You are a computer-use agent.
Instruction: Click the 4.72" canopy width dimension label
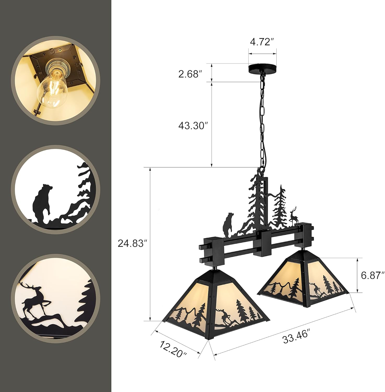click(x=262, y=42)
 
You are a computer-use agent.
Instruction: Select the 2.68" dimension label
click(x=190, y=74)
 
